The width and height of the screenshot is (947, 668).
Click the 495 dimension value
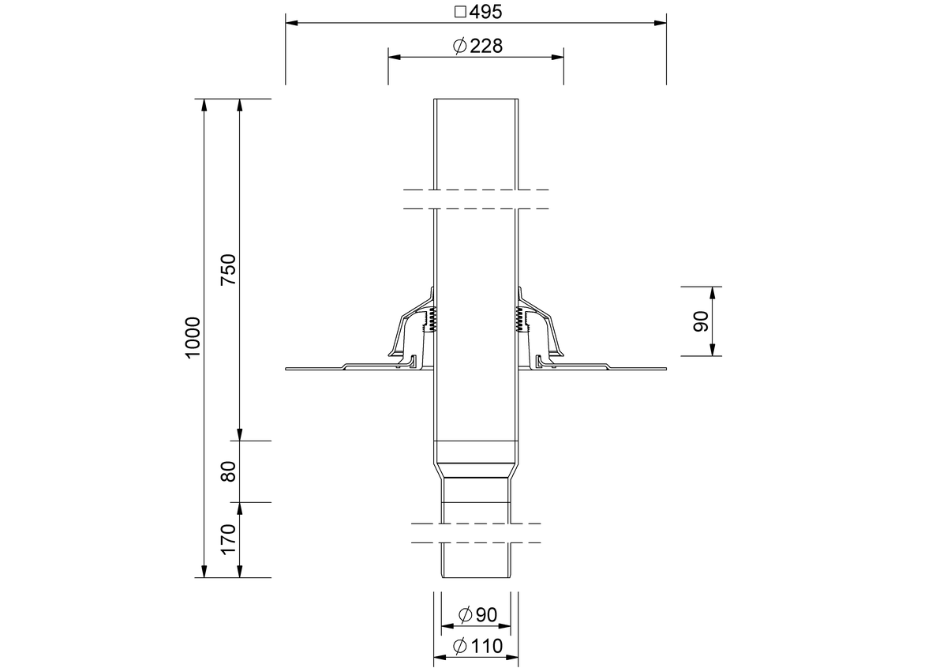click(x=485, y=12)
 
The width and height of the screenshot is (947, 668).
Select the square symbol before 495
click(x=460, y=12)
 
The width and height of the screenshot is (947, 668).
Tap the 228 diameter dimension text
click(x=486, y=46)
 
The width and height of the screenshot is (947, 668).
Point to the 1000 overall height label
click(x=193, y=338)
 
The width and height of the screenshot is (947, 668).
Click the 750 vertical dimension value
click(x=228, y=270)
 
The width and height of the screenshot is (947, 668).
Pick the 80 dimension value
click(x=228, y=471)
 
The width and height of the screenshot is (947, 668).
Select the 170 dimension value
click(x=228, y=539)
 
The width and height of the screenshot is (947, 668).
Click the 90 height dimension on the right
click(x=701, y=321)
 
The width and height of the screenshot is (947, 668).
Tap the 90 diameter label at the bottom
click(x=486, y=614)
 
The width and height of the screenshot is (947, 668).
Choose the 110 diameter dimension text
click(x=487, y=646)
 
